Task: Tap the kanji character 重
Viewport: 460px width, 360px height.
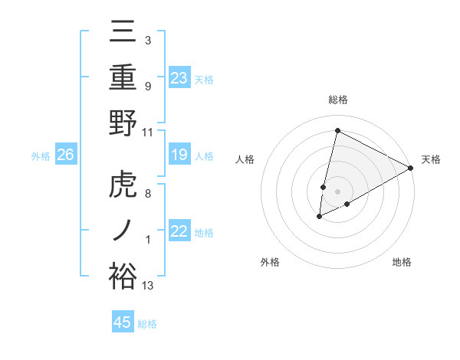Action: point(123,78)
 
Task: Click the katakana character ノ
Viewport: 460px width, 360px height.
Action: point(123,231)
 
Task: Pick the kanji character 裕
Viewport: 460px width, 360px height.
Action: point(123,276)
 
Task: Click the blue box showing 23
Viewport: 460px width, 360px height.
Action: point(179,78)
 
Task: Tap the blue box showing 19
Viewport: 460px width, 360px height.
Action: point(179,155)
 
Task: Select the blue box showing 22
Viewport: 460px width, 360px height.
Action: point(179,232)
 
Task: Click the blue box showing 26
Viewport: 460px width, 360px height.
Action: point(65,155)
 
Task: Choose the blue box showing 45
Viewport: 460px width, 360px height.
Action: point(123,322)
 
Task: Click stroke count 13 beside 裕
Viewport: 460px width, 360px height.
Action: point(148,286)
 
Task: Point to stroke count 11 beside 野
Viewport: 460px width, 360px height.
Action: point(148,132)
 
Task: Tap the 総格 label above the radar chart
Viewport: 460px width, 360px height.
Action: point(338,100)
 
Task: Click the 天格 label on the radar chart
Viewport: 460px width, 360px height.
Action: point(431,159)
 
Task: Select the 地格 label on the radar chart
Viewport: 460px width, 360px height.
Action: point(402,262)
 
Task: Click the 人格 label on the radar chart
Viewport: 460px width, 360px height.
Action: point(245,159)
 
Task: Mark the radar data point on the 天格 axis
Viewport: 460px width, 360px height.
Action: point(412,169)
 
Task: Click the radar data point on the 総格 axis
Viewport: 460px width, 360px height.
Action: point(337,130)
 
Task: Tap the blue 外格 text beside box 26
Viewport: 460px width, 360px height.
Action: point(41,156)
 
